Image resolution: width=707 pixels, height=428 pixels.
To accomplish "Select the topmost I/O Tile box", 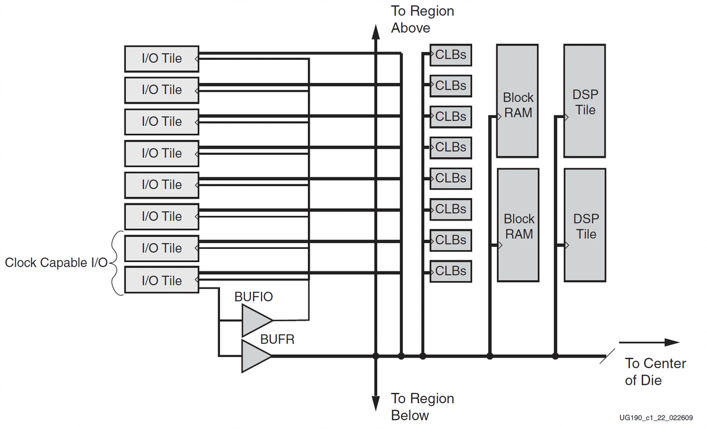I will coord(161,59).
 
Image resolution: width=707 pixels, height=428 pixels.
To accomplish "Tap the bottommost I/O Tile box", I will coord(161,280).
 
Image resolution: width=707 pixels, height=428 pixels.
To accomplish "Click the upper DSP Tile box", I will coord(585,101).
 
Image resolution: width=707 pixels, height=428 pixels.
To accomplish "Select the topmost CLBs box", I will coord(450,55).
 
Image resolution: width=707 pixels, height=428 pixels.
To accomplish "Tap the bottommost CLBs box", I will coord(450,271).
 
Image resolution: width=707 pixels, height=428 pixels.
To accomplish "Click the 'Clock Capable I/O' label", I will coord(56,263).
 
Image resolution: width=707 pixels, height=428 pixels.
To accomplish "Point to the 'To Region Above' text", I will coord(422,20).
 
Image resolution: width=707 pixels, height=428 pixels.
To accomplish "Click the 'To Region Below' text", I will coord(422,407).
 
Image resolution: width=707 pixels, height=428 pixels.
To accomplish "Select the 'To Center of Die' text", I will coord(655,372).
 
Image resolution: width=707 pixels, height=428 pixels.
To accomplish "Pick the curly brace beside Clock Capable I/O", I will coord(115,263).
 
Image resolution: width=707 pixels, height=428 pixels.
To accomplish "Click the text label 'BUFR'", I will coord(278,340).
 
